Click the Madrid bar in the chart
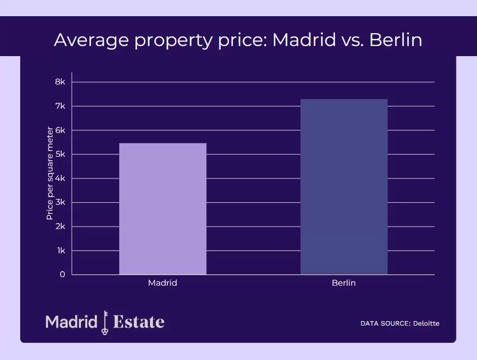click(x=163, y=209)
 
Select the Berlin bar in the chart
click(x=344, y=187)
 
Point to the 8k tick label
click(x=60, y=82)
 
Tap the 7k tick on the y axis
click(x=60, y=106)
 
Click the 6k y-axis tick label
click(x=60, y=130)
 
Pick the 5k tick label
click(x=60, y=154)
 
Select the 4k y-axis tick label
click(x=60, y=178)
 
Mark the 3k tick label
click(x=60, y=202)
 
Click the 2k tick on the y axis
click(x=60, y=227)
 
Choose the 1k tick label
click(x=61, y=251)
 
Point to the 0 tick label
click(x=62, y=275)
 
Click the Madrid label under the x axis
click(x=163, y=283)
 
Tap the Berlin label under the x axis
click(x=344, y=283)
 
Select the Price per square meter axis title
click(x=50, y=173)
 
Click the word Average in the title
click(x=91, y=40)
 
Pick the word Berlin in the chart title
click(x=396, y=40)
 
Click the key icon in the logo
click(x=105, y=322)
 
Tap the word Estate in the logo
click(x=139, y=322)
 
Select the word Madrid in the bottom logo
click(x=71, y=322)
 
